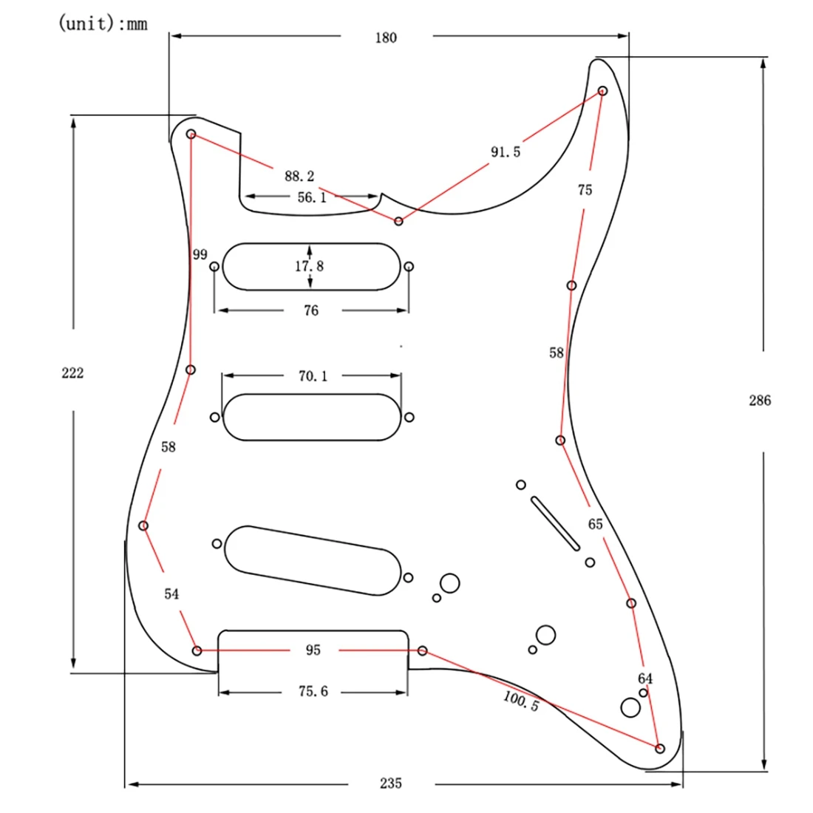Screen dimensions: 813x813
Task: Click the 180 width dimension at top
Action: (x=386, y=38)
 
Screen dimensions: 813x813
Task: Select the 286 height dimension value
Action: (x=760, y=401)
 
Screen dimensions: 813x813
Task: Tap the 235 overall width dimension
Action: (x=390, y=783)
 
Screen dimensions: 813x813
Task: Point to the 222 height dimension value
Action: (x=72, y=373)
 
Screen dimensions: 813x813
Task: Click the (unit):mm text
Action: (x=103, y=24)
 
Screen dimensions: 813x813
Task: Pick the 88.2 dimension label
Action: (x=299, y=176)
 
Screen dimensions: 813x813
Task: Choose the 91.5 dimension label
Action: (x=506, y=152)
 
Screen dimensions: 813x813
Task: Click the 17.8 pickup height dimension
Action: (x=310, y=266)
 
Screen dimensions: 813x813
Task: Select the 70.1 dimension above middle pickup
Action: (x=313, y=376)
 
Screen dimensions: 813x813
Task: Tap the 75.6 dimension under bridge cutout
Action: (x=313, y=692)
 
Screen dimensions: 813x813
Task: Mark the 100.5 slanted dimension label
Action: (x=521, y=701)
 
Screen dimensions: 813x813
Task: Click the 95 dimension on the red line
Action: (x=313, y=650)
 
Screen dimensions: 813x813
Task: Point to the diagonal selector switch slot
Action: (x=555, y=523)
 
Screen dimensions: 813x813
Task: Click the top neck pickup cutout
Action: (x=310, y=267)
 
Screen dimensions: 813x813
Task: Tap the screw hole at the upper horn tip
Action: (x=602, y=91)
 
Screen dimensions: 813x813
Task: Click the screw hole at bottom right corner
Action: (x=660, y=749)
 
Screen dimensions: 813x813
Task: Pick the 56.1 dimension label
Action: (x=311, y=197)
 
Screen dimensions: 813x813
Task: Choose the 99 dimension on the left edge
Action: (x=200, y=255)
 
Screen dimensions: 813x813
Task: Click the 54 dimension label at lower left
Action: (x=171, y=594)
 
